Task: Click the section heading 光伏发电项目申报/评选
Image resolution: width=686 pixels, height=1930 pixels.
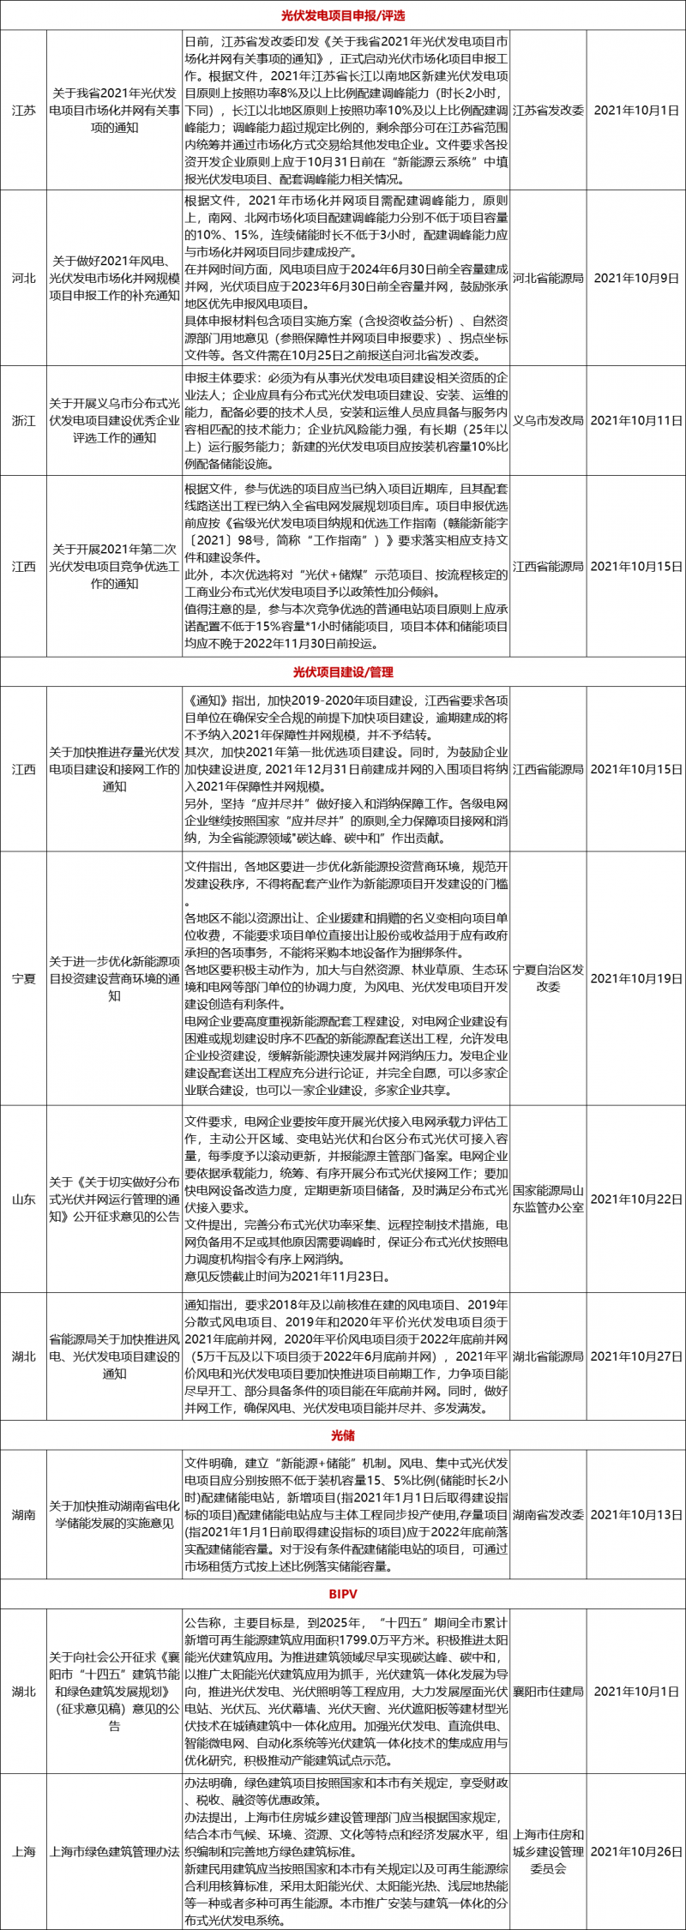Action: pos(343,15)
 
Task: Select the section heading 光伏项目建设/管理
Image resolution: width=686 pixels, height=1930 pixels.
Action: pos(343,672)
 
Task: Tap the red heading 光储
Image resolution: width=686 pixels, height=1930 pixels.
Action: pos(343,1435)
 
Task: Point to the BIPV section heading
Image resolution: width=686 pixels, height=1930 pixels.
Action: pos(343,1594)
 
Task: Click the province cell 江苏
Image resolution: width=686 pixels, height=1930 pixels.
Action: pos(24,111)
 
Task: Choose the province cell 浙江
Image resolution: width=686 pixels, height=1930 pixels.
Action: pos(24,420)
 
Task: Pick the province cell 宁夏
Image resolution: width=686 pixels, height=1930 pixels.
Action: pos(24,978)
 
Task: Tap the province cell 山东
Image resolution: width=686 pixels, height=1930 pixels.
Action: pos(24,1199)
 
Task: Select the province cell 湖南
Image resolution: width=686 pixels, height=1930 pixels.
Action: pos(24,1515)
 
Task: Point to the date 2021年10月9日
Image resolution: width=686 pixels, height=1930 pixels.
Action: pos(636,278)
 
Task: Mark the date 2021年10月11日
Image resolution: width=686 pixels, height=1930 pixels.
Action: pos(636,420)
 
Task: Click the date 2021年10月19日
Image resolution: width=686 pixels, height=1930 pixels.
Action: pos(636,978)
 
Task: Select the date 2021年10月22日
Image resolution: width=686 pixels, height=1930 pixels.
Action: pos(636,1199)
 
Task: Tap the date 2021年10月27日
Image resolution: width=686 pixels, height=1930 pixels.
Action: pos(636,1356)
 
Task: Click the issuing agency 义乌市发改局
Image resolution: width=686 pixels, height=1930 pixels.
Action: pos(548,420)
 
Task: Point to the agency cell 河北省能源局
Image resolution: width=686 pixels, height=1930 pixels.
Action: pos(548,278)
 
